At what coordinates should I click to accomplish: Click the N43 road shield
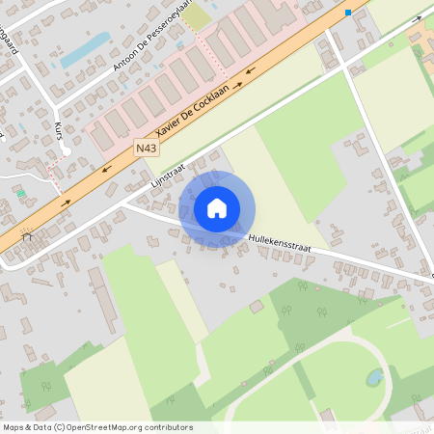tap(145, 148)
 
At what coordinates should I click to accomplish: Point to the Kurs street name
tap(61, 131)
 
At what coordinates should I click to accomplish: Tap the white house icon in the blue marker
tap(217, 208)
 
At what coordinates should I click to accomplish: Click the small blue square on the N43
tap(348, 13)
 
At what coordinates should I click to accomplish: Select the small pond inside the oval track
tap(372, 377)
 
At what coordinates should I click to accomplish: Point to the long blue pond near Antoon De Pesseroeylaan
tap(86, 48)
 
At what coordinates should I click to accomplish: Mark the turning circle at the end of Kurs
tap(66, 151)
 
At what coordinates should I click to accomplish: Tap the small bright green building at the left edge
tap(20, 193)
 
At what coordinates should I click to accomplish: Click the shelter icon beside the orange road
tap(27, 233)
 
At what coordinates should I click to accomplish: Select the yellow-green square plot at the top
tap(198, 16)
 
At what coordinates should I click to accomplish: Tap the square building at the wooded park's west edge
tap(256, 307)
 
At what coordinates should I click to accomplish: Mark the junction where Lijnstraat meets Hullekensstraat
tap(121, 203)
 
